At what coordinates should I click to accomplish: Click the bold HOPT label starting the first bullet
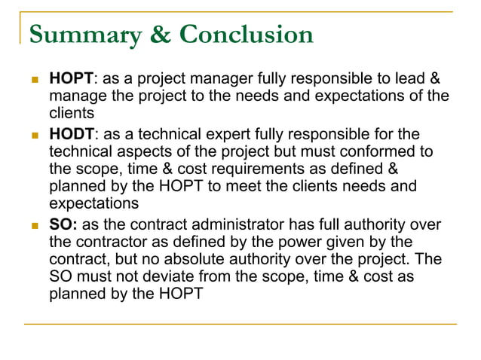(71, 79)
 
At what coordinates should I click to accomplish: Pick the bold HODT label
(72, 135)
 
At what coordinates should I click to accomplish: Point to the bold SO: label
(63, 225)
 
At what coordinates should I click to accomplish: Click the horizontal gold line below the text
(240, 325)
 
